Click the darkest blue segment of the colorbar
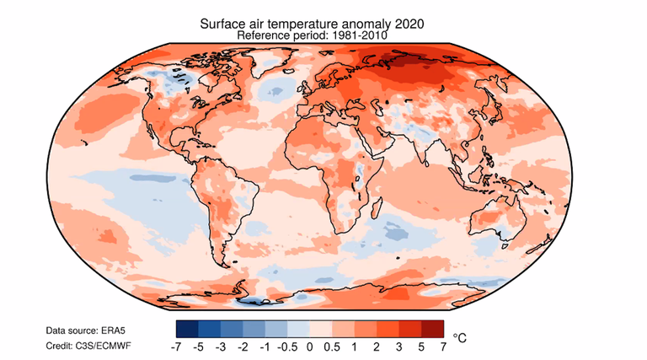coord(188,329)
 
